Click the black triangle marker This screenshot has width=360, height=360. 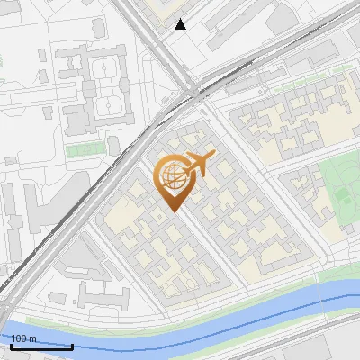pyautogui.click(x=181, y=24)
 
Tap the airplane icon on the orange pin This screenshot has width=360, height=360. pyautogui.click(x=199, y=164)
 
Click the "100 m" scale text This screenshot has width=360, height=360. pyautogui.click(x=23, y=338)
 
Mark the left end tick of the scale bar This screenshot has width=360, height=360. pyautogui.click(x=11, y=345)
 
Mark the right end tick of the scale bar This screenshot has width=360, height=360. pyautogui.click(x=73, y=345)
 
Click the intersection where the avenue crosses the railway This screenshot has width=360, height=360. pyautogui.click(x=193, y=90)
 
